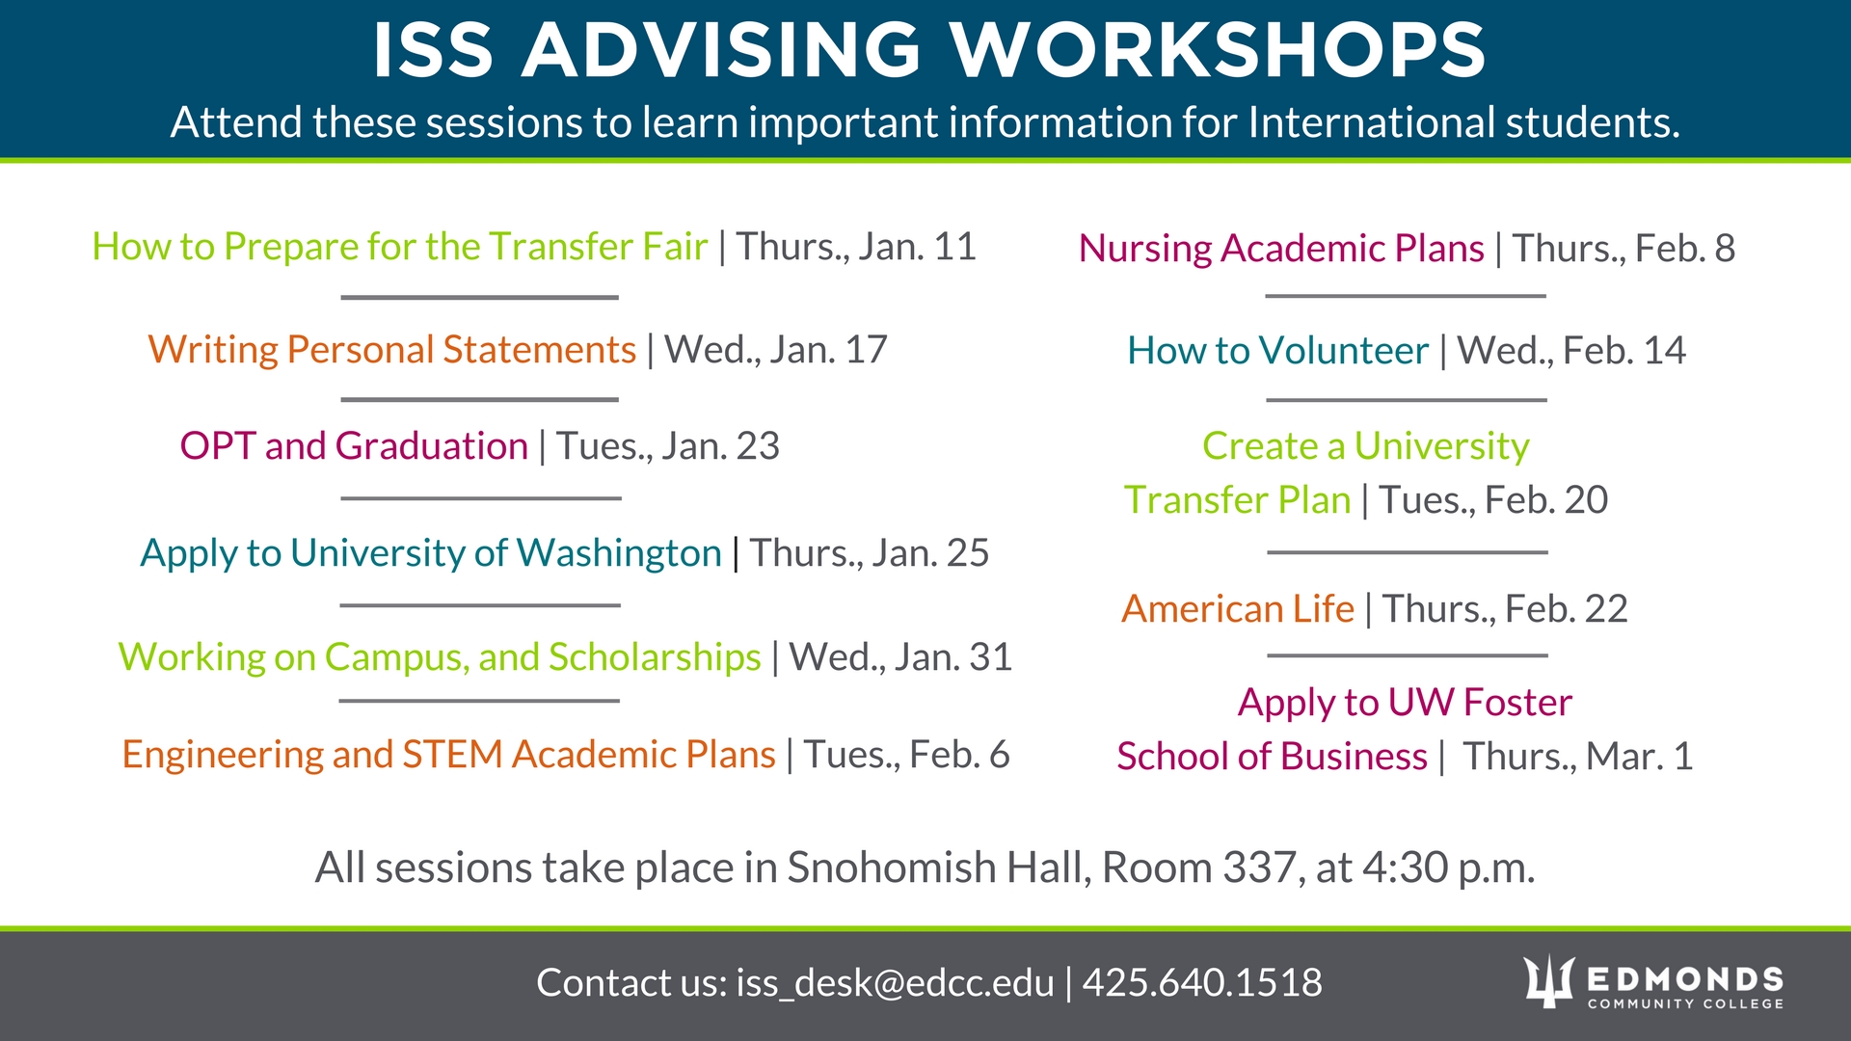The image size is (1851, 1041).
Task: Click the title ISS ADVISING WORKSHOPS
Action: coord(928,50)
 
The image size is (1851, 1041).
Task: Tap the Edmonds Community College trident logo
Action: coord(1548,981)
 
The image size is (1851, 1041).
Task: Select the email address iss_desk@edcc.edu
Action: coord(895,983)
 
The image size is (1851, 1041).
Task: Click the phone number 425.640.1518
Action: coord(1202,982)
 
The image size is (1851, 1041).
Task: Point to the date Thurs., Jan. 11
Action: coord(856,247)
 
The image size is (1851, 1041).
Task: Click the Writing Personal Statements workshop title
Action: coord(392,350)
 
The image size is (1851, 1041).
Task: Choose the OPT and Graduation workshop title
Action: coord(354,446)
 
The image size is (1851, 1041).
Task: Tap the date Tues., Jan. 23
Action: coord(667,446)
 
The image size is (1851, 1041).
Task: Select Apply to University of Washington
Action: coord(431,553)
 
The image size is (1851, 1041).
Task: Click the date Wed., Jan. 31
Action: coord(900,657)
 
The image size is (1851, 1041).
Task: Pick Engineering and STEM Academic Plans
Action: coord(449,755)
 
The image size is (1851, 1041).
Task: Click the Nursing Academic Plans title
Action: coord(1281,249)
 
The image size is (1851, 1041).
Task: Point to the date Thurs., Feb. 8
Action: coord(1623,249)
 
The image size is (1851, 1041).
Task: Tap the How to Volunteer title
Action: coord(1278,351)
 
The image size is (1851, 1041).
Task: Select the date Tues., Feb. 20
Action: coord(1493,500)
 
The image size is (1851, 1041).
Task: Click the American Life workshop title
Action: coord(1238,609)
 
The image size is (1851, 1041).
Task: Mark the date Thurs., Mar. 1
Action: coord(1578,757)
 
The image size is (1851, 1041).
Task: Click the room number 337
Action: coord(1258,867)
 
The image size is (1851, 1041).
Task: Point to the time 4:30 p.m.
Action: coord(1449,868)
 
